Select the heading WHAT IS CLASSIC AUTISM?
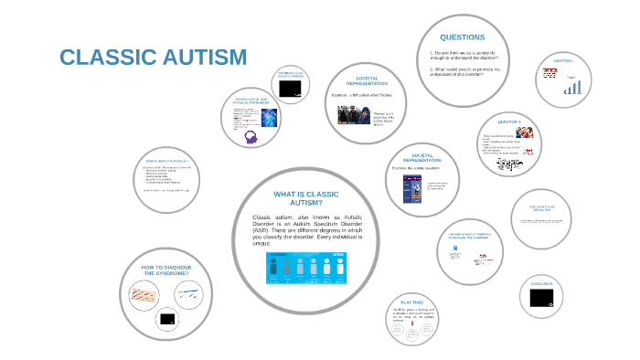tap(306, 198)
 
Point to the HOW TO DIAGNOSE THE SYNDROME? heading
tap(165, 270)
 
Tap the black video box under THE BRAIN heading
tap(292, 90)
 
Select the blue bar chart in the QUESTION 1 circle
tap(572, 87)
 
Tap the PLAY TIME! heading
tap(411, 302)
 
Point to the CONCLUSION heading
tap(541, 284)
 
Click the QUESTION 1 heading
tap(561, 60)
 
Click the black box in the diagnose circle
tap(166, 319)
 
